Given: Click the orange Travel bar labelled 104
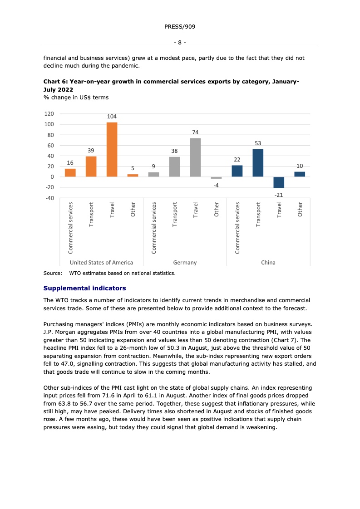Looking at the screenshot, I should click(x=112, y=149).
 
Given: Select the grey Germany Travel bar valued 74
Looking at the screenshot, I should click(x=195, y=157).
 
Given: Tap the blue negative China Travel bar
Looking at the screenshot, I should click(x=279, y=182).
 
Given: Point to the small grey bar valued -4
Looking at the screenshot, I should click(x=216, y=178).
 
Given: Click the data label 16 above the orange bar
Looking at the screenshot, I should click(x=70, y=162).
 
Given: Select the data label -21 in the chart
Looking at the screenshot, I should click(x=279, y=194).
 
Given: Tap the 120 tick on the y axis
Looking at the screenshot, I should click(x=49, y=114).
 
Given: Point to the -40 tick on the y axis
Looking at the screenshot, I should click(x=49, y=198).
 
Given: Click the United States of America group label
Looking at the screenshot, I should click(x=101, y=262).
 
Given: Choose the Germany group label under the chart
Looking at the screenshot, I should click(x=185, y=262).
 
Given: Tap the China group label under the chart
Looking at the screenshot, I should click(x=268, y=262).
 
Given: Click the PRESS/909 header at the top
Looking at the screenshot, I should click(x=180, y=27).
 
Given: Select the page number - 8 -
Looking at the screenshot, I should click(x=180, y=42).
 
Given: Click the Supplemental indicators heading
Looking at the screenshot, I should click(x=84, y=288).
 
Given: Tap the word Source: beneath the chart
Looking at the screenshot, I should click(x=52, y=273).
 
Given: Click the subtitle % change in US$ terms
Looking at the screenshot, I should click(x=76, y=97).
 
